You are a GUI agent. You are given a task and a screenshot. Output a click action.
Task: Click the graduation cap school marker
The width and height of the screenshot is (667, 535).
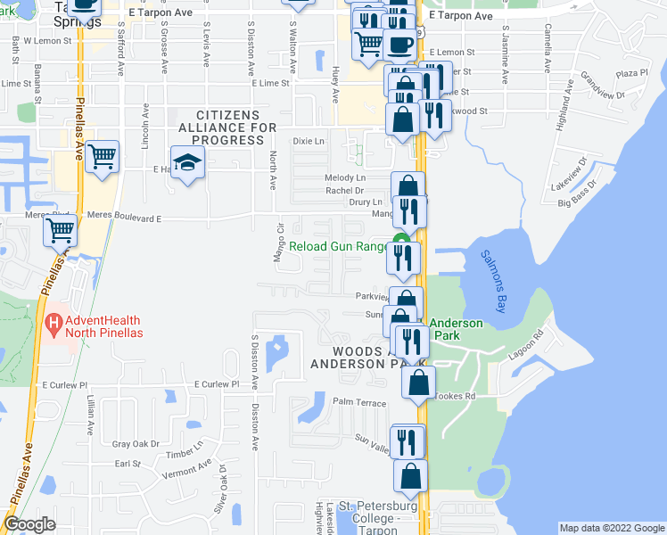coord(188,162)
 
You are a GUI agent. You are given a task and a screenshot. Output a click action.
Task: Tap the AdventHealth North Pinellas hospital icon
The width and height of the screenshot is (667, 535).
coord(54,323)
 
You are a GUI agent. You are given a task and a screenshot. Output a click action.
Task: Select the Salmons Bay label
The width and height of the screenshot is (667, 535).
coord(496,267)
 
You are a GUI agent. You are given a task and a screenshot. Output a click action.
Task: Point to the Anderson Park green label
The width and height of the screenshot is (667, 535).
coord(456,331)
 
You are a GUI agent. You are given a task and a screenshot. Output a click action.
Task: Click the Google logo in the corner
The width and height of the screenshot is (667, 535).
coord(30,523)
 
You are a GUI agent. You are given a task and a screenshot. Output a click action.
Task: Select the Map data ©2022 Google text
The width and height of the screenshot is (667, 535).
coord(611,528)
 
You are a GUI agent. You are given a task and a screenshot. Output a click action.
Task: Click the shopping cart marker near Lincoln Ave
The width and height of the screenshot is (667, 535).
coord(103,157)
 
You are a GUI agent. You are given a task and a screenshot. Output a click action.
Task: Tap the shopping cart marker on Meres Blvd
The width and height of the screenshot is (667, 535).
coord(61,231)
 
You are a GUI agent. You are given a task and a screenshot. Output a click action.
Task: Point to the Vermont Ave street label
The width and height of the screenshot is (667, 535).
coord(187,469)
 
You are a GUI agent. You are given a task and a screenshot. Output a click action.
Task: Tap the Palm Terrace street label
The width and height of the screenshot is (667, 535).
coord(359,402)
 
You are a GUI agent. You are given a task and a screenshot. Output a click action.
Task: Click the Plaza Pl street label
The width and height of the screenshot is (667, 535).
coord(631,73)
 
